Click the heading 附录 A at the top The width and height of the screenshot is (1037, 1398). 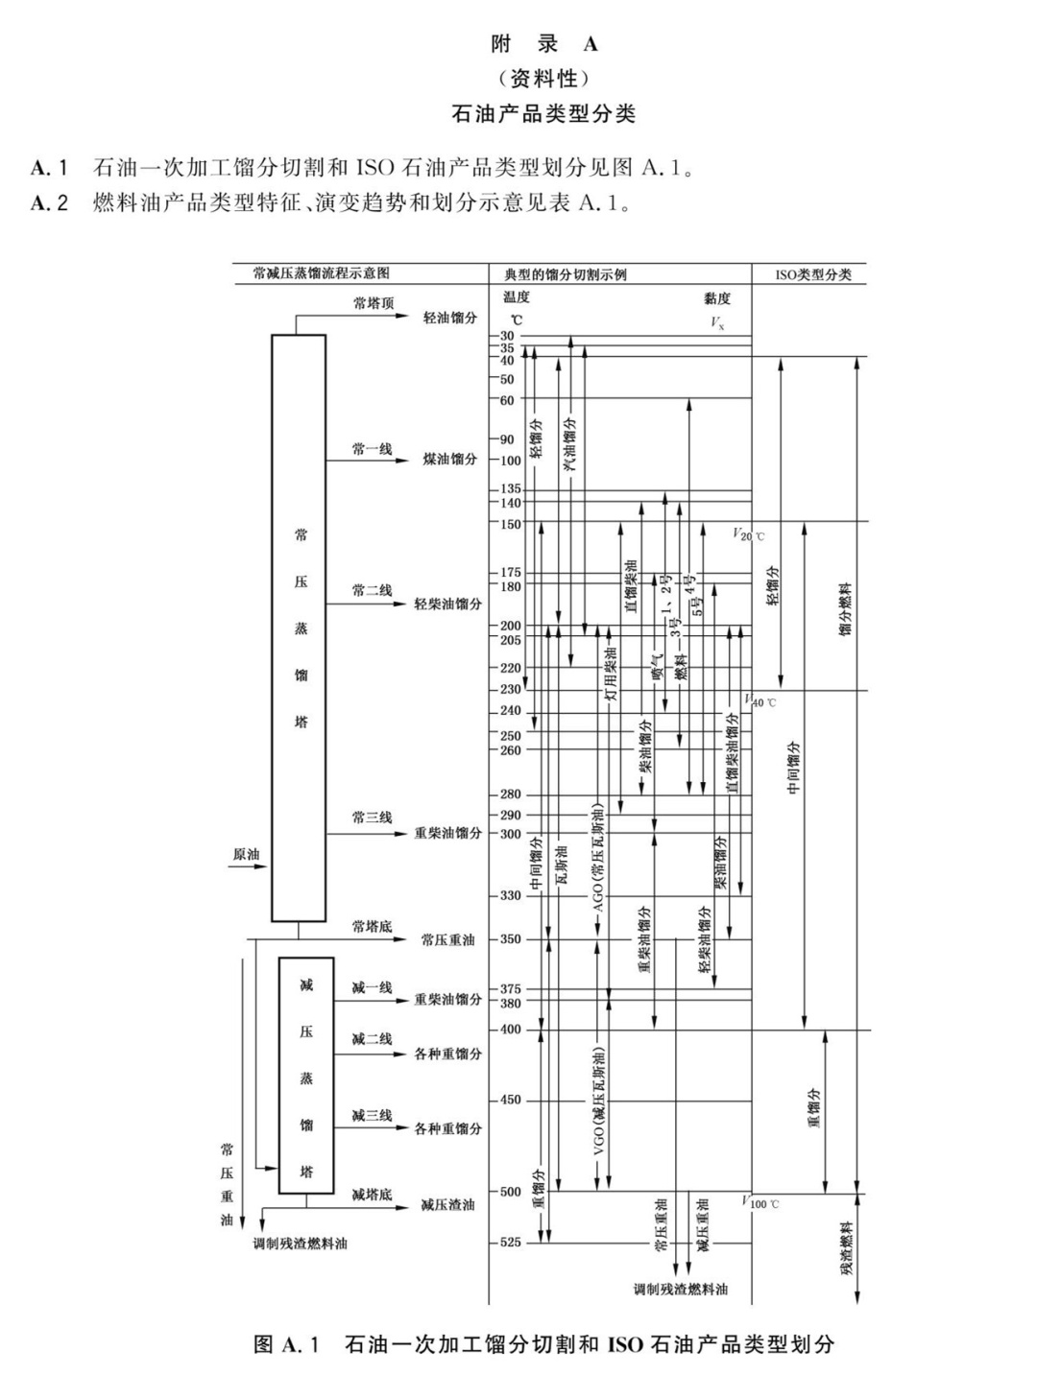pos(543,44)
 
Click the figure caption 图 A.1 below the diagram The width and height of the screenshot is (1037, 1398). pos(543,1343)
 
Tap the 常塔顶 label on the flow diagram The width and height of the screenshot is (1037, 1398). pos(373,303)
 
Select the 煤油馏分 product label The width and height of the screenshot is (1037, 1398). pos(449,459)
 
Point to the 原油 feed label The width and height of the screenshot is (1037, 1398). pos(246,854)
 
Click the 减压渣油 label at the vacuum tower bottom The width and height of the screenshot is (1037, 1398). pos(447,1204)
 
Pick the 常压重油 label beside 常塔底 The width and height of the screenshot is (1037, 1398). pos(447,940)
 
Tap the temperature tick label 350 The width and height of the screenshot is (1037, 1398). pos(510,939)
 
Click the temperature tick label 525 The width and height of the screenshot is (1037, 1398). pos(510,1243)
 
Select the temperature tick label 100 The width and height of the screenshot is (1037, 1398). pos(510,461)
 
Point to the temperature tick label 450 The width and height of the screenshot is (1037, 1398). pos(510,1100)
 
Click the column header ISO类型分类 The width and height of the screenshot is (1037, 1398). pos(813,274)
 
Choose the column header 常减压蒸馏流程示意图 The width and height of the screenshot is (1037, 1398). pos(321,273)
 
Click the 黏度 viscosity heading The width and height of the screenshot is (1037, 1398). pos(716,298)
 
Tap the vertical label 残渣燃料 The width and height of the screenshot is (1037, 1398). pos(847,1247)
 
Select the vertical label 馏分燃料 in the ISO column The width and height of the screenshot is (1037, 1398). pos(846,609)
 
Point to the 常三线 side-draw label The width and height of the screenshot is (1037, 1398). pos(372,817)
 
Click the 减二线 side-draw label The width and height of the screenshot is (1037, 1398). pos(372,1039)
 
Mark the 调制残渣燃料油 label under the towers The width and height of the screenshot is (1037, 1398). pos(300,1244)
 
